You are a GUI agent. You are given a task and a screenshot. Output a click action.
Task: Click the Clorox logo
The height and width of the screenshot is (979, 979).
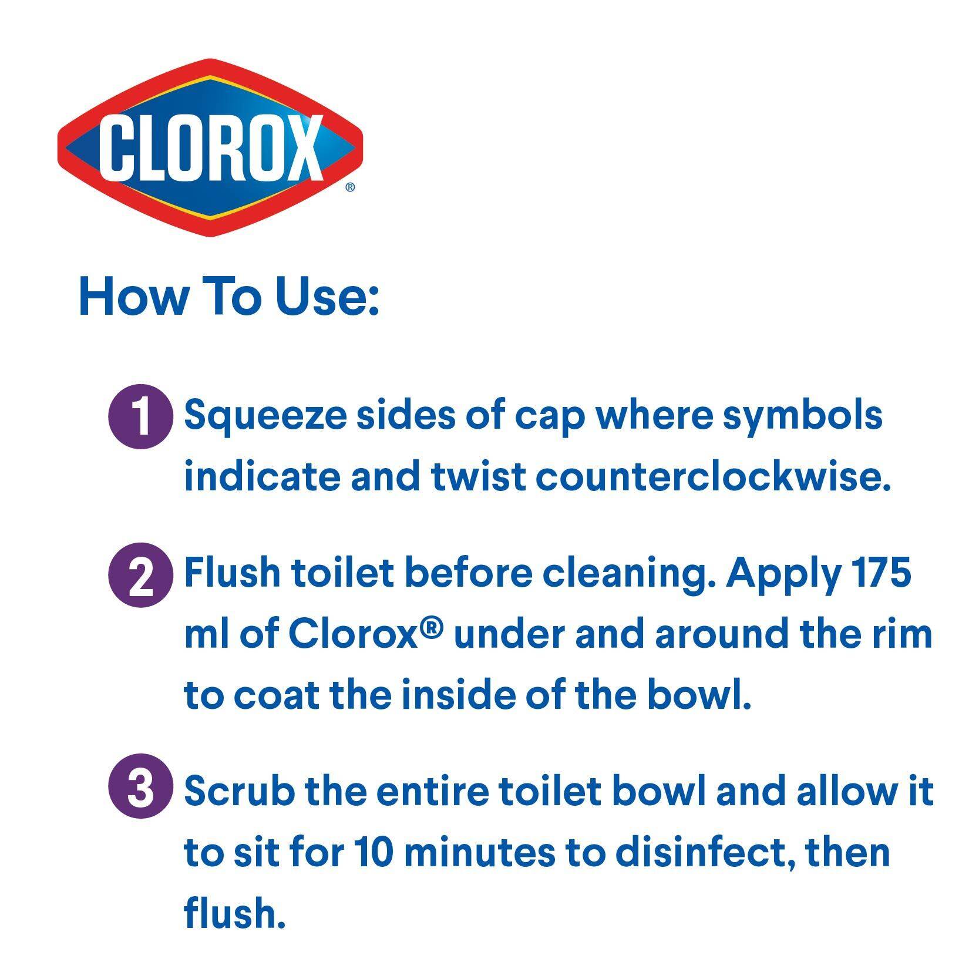210,147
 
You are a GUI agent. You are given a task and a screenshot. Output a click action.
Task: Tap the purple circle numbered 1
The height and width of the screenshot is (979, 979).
142,418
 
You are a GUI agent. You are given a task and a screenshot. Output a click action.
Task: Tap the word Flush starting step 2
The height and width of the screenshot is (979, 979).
233,573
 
